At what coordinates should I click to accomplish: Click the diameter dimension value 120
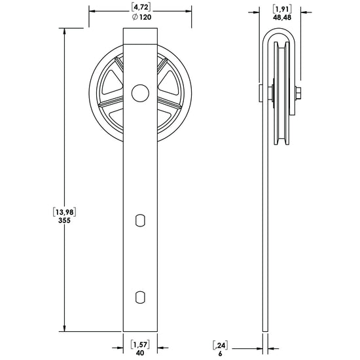(x=145, y=17)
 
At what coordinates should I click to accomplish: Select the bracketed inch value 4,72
(x=141, y=7)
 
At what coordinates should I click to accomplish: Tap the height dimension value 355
(x=64, y=221)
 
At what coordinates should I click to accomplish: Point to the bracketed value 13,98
(x=65, y=212)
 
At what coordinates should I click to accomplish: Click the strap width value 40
(x=140, y=353)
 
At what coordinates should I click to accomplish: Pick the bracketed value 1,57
(x=140, y=344)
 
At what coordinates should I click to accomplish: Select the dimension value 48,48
(x=282, y=18)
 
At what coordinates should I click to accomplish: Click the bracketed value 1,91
(x=282, y=9)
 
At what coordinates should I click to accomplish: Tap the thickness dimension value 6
(x=221, y=354)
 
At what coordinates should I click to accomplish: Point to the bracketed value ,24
(x=221, y=346)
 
